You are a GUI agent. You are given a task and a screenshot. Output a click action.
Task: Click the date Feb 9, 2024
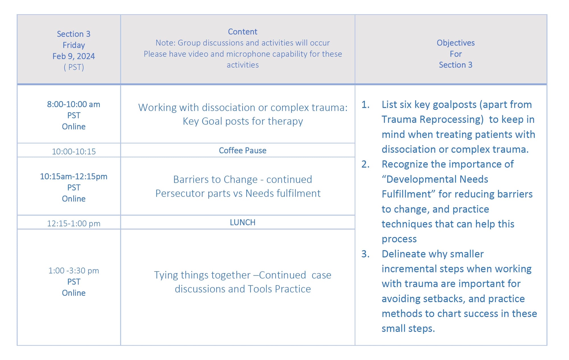click(x=74, y=56)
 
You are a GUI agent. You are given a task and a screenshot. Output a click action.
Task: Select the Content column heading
click(x=243, y=32)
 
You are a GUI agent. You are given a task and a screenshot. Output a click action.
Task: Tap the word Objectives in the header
click(x=456, y=43)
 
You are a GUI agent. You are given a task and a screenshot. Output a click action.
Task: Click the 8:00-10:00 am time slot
click(x=74, y=104)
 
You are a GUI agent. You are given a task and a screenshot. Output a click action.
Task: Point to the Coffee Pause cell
click(x=243, y=150)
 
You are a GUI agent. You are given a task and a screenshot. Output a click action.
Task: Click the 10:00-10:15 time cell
click(x=74, y=151)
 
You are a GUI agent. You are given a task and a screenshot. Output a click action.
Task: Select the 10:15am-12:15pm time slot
click(x=74, y=176)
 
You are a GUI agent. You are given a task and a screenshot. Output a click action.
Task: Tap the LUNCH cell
click(x=243, y=222)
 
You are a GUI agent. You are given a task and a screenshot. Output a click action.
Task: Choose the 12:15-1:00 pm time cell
click(x=74, y=223)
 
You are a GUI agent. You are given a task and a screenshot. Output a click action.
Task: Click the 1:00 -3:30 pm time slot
click(x=74, y=270)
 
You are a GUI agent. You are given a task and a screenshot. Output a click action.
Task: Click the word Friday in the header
click(x=74, y=45)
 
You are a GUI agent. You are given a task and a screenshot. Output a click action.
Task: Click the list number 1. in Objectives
click(x=366, y=105)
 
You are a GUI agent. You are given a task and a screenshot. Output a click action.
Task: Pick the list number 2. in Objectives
click(x=366, y=164)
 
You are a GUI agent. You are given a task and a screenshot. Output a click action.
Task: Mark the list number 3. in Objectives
click(x=366, y=254)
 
